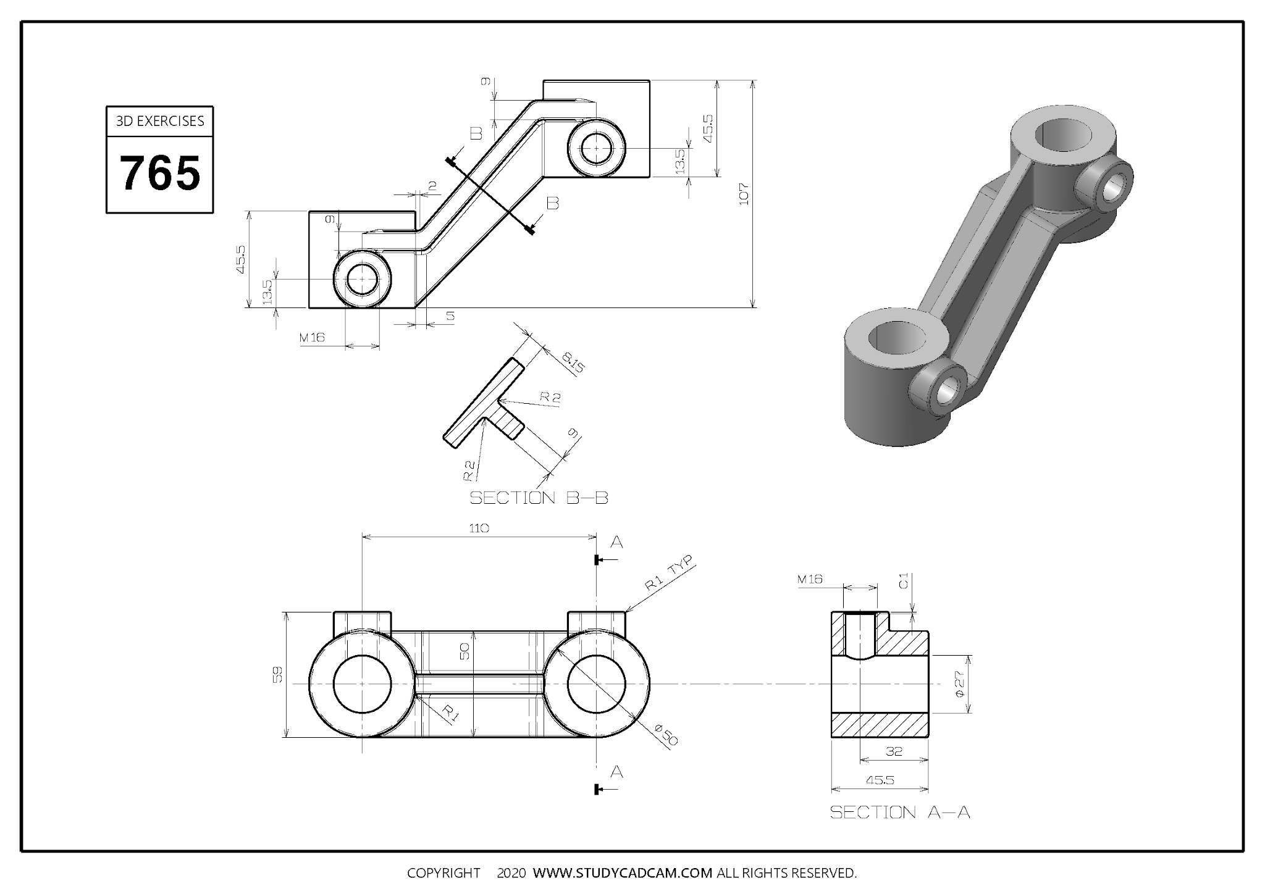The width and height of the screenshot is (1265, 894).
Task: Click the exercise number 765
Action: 159,173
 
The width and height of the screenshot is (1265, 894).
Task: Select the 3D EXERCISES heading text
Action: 159,121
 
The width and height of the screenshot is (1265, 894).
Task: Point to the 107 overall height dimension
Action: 744,194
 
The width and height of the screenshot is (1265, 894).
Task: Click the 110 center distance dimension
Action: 479,528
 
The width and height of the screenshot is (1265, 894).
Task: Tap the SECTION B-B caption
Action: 539,498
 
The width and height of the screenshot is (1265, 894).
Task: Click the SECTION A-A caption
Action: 899,812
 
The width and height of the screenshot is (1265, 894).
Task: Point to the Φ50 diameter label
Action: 666,735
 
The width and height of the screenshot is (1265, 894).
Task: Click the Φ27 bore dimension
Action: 959,684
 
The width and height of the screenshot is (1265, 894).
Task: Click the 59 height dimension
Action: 278,674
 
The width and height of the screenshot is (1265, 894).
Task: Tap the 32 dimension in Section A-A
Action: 894,751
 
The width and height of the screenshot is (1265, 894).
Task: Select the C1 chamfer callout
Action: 903,581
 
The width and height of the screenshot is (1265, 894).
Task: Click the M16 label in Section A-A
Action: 810,579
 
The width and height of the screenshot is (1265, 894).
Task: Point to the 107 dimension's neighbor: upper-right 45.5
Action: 707,128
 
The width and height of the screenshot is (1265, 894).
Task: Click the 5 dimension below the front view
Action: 450,316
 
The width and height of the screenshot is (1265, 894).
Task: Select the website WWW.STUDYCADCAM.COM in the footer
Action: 622,873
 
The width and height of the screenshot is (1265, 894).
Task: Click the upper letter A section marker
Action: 616,542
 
